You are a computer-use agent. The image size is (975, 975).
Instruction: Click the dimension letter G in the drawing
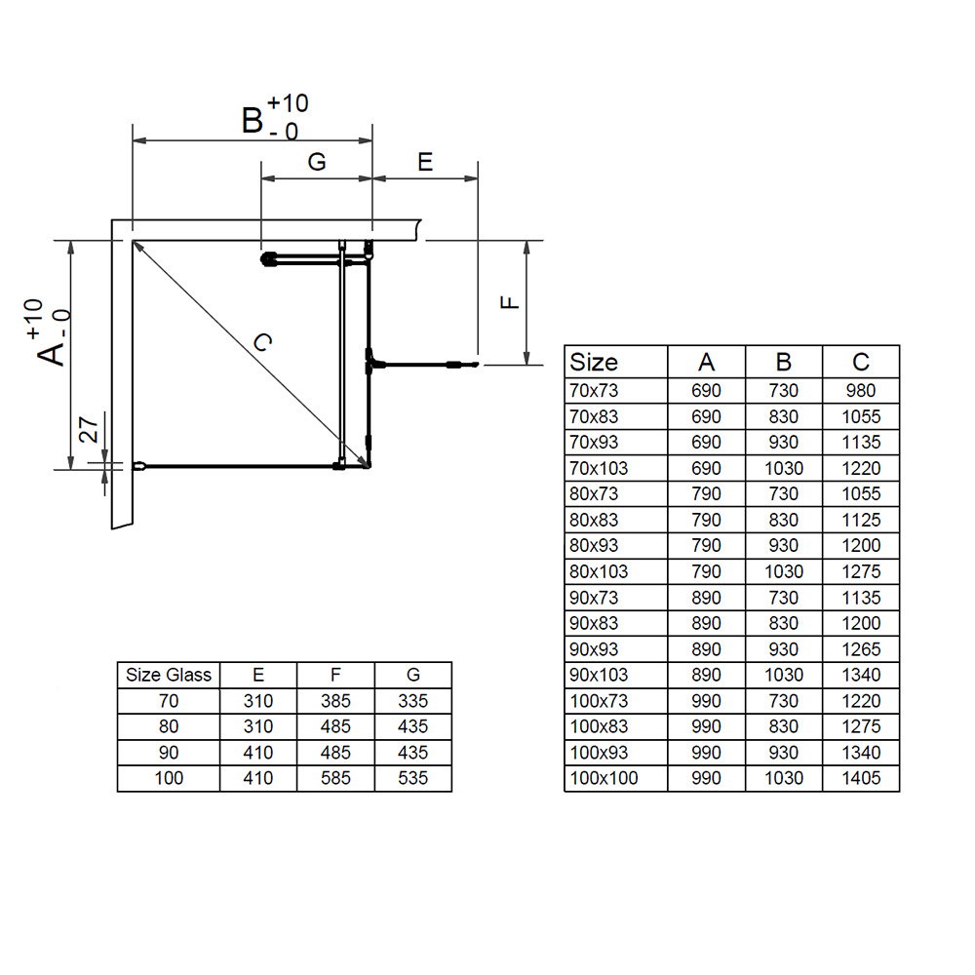point(317,162)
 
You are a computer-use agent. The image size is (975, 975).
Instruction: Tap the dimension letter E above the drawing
point(425,162)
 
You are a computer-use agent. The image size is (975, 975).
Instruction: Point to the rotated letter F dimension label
point(510,302)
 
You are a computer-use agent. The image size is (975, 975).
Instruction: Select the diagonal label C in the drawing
point(263,341)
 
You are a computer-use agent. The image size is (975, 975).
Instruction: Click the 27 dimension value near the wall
point(89,430)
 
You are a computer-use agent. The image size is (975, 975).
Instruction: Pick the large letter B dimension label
point(253,120)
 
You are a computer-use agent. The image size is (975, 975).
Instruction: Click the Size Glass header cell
point(169,675)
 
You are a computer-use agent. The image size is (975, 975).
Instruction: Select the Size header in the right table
point(593,362)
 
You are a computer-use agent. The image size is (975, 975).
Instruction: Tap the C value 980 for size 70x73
point(861,391)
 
